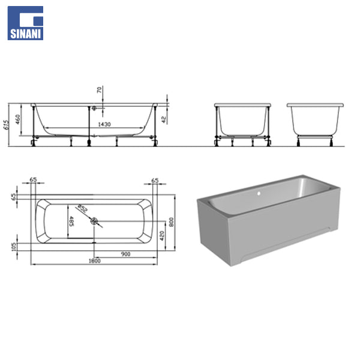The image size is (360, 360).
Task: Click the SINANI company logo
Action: [x=25, y=23]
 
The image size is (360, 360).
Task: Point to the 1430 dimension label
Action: [x=104, y=124]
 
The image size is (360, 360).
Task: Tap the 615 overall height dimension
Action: [x=7, y=125]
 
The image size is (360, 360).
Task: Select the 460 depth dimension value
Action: [x=17, y=119]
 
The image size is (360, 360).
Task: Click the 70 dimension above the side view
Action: [x=99, y=90]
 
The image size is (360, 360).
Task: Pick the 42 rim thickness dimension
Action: [x=164, y=119]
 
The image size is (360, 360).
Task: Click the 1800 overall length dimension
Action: [x=95, y=261]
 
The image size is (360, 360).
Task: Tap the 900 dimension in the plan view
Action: [x=125, y=254]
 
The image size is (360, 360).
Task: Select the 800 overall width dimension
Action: [x=171, y=222]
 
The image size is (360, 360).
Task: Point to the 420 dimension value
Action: [x=162, y=236]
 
